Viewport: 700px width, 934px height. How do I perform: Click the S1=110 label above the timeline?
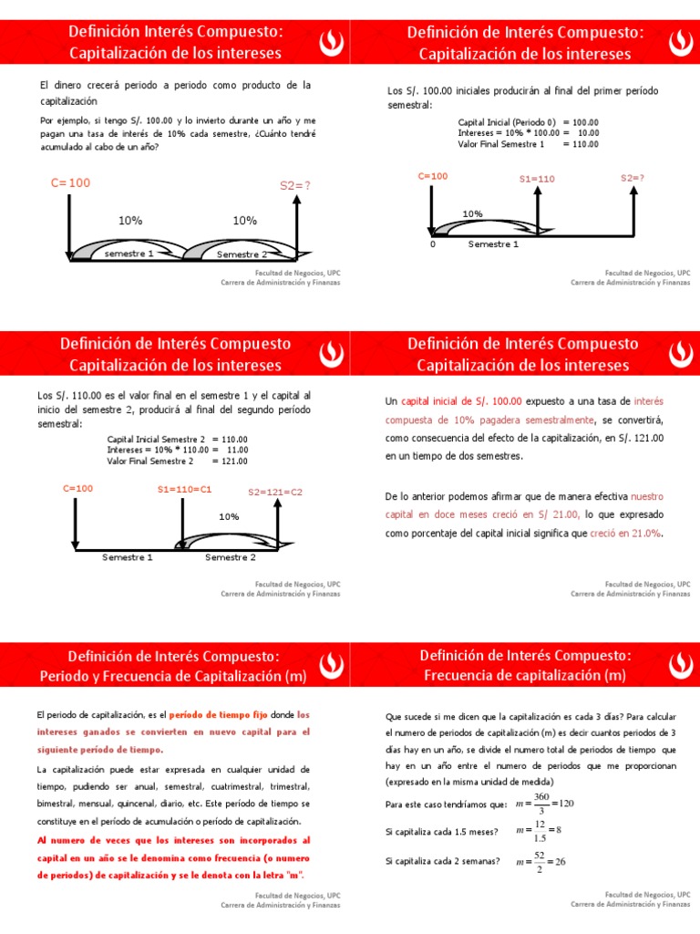537,179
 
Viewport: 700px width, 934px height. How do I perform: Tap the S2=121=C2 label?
275,492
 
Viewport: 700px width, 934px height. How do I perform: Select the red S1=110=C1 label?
184,489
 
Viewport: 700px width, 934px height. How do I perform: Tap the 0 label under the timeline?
433,244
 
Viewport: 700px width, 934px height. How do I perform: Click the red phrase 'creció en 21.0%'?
625,534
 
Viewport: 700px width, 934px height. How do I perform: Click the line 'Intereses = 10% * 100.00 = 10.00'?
528,132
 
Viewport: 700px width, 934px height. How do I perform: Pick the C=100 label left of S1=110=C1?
77,488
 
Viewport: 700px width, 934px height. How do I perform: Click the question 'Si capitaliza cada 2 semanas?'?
443,861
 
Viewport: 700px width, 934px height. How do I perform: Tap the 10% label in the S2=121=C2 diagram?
228,516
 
